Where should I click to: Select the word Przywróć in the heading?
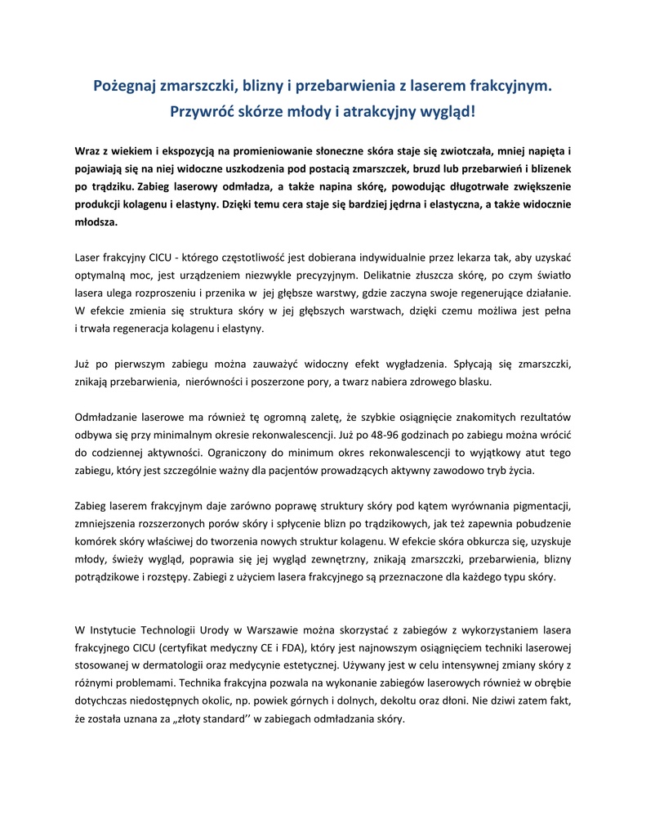pos(204,110)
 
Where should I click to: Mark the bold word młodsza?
pos(96,222)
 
